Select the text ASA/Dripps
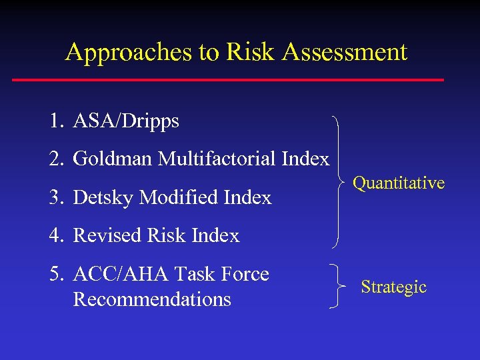click(x=126, y=121)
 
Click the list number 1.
click(x=54, y=121)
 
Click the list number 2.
click(x=54, y=159)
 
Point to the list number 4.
click(x=54, y=236)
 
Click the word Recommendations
click(x=152, y=299)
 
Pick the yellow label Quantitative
click(x=399, y=183)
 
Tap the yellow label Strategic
click(x=393, y=287)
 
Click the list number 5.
click(x=54, y=274)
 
